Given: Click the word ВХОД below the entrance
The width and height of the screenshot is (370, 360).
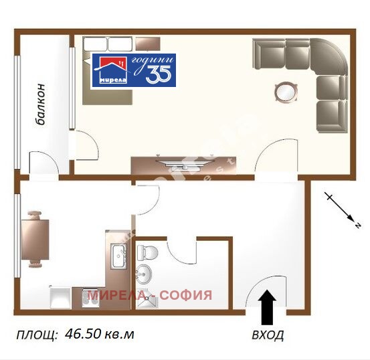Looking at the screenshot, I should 267,334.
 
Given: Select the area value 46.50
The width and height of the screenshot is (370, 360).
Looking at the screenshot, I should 84,334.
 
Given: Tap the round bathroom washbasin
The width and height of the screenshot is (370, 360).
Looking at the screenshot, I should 143,272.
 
